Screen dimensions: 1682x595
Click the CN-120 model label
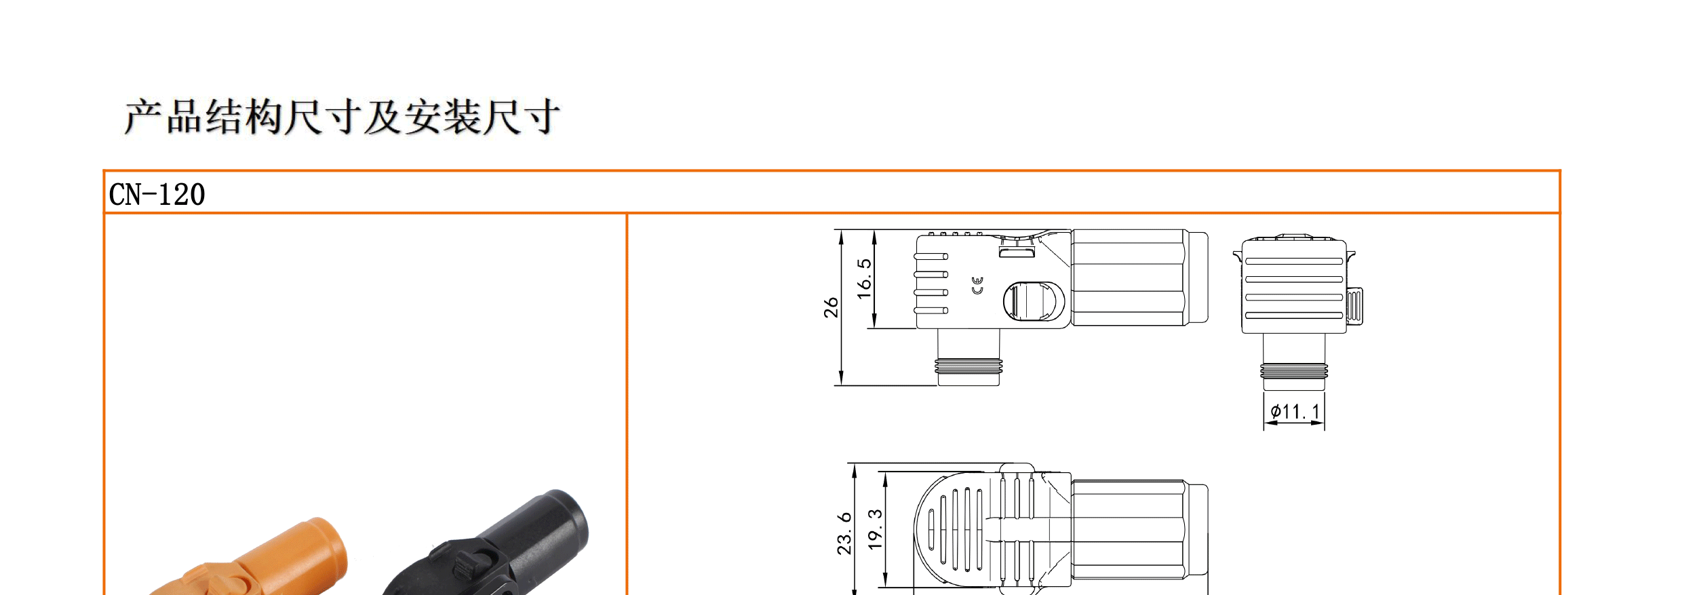[x=157, y=195]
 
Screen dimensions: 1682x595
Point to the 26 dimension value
[x=831, y=307]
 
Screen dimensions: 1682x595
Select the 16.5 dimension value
[x=863, y=278]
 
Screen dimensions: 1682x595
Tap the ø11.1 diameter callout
[x=1295, y=412]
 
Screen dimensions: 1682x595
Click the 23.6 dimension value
[x=844, y=533]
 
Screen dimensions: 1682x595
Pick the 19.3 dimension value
[x=876, y=529]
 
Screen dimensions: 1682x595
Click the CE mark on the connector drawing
[x=977, y=286]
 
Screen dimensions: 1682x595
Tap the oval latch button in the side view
[x=1034, y=301]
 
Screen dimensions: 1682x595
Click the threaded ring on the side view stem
[x=968, y=366]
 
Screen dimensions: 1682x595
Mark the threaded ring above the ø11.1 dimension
[x=1294, y=370]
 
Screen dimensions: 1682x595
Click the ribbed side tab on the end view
[x=1354, y=305]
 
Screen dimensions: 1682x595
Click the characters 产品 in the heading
[x=163, y=117]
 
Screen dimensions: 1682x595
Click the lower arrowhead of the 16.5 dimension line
[x=874, y=322]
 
